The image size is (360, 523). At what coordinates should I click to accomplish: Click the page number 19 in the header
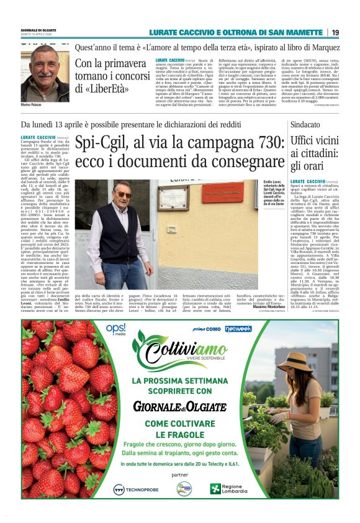[x=335, y=32]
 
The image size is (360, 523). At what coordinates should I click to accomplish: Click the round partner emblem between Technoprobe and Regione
[x=184, y=489]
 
